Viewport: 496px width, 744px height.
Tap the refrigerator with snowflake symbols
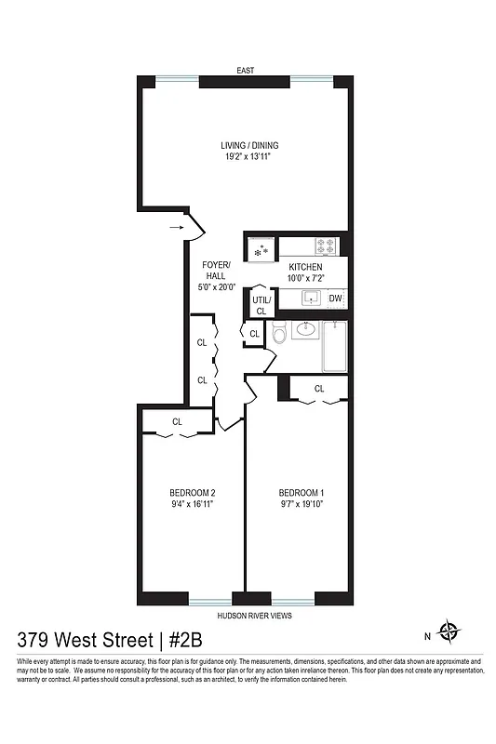pos(261,249)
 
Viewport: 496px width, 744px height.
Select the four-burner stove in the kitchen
pos(326,246)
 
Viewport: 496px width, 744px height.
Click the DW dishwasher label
pos(335,299)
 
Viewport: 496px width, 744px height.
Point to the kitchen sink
pos(310,298)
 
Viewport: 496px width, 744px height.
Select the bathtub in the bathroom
pos(335,346)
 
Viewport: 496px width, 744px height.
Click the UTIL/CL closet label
pos(261,305)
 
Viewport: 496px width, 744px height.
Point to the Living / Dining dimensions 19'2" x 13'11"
pos(249,158)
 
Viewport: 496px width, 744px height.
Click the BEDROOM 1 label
pos(302,493)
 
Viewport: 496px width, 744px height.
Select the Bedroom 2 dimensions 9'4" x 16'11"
pos(193,505)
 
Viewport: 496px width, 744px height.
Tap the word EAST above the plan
pos(246,71)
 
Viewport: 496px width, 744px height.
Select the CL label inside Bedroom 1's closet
pos(318,389)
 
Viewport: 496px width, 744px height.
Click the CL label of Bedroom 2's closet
pos(177,422)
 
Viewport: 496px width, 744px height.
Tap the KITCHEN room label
pos(305,267)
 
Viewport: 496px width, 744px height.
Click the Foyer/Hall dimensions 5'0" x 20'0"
pos(217,288)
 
